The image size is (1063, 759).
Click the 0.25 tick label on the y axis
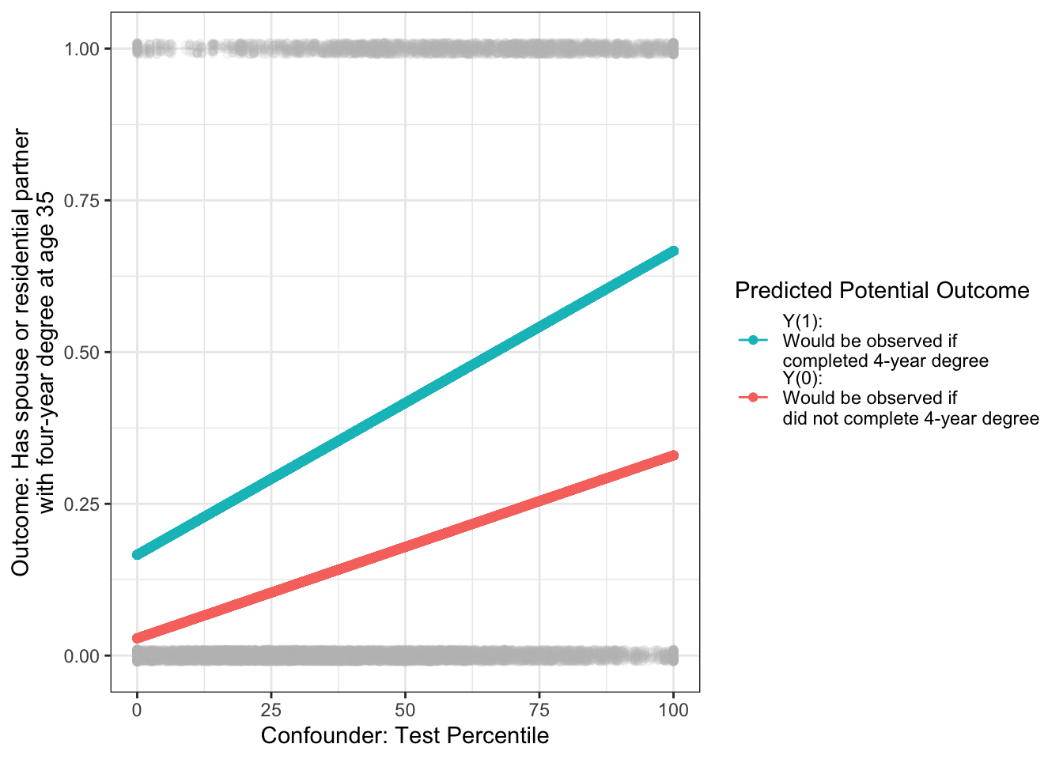click(82, 504)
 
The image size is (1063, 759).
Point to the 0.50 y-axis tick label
click(82, 353)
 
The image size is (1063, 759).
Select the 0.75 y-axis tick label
click(82, 201)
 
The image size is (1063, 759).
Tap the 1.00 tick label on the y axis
click(82, 49)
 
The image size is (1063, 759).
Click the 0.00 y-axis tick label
click(82, 656)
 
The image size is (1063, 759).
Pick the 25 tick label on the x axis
click(271, 710)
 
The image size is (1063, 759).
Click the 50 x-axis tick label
click(405, 710)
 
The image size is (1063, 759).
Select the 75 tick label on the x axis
click(539, 710)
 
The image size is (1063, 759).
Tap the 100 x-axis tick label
click(674, 710)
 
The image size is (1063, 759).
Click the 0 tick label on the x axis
click(137, 710)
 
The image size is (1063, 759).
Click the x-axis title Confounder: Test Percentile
click(405, 736)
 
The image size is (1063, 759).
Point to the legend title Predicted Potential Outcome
click(882, 291)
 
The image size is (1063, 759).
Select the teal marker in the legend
click(753, 341)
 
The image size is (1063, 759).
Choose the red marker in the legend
click(753, 397)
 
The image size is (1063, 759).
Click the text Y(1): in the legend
click(802, 321)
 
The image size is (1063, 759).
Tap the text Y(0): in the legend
click(802, 378)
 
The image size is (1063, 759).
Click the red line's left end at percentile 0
click(138, 638)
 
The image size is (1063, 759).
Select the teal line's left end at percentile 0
click(138, 554)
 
